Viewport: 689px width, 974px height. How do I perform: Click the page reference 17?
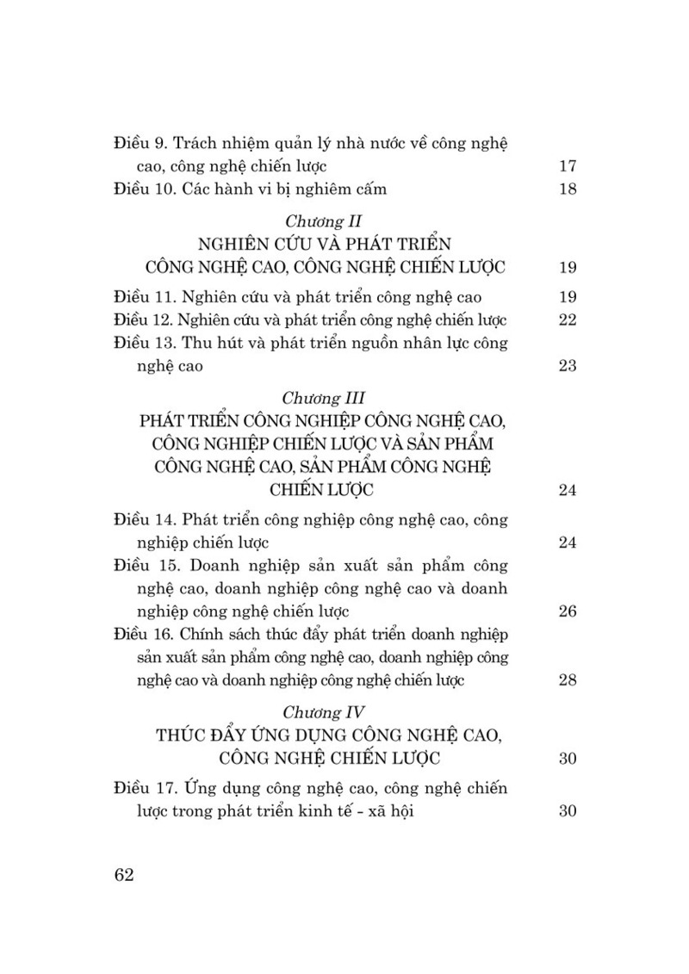pos(567,166)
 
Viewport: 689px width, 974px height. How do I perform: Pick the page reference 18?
pos(567,189)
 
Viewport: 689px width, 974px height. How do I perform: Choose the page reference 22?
pos(567,320)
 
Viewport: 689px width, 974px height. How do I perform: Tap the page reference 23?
pos(567,365)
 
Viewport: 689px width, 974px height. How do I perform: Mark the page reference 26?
pos(567,611)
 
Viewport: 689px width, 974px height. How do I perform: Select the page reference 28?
pos(567,680)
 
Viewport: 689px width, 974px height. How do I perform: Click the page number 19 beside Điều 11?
pos(567,297)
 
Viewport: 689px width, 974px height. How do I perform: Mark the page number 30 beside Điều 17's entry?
pos(567,810)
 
